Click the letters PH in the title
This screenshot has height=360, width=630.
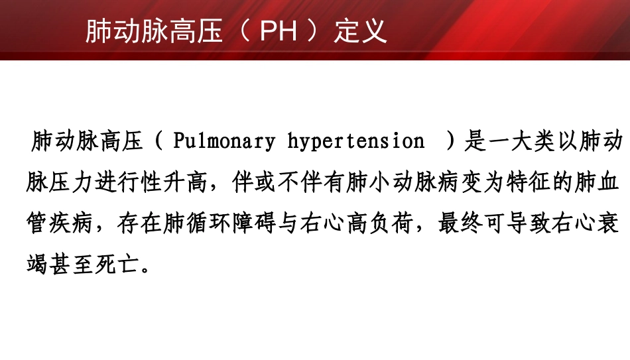[x=279, y=31]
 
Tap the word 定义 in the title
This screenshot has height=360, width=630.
[x=361, y=31]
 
